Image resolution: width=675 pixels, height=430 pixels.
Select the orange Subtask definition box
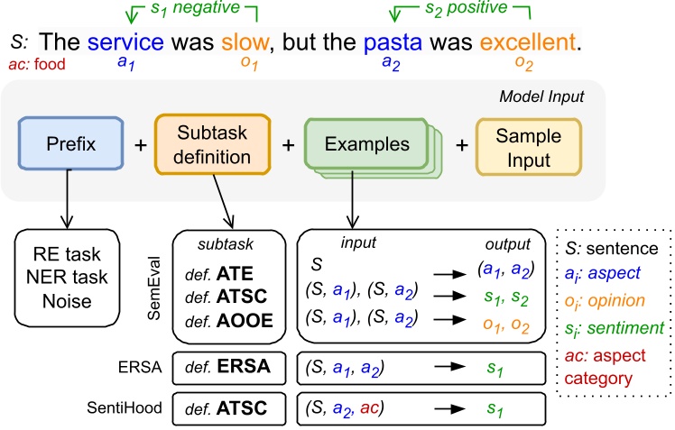coord(212,145)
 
